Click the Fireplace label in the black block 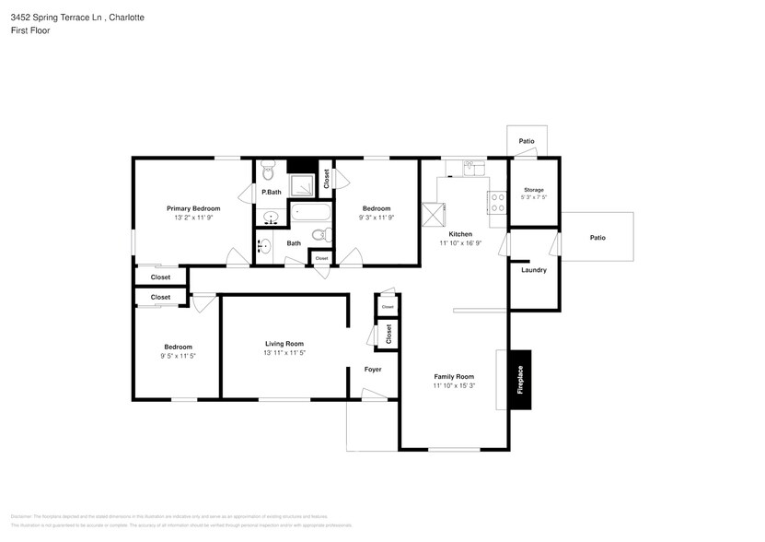coord(520,378)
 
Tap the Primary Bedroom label coord(193,208)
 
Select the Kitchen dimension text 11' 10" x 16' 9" coord(460,243)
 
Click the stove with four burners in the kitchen coord(497,202)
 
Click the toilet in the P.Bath coord(268,171)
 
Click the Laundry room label coord(534,270)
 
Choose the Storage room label coord(534,189)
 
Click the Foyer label coord(373,370)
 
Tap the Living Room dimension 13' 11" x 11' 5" coord(284,352)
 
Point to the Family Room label coord(454,376)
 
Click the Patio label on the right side coord(597,238)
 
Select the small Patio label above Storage coord(527,141)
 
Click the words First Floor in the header coord(30,30)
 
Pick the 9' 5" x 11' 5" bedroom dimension coord(179,355)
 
